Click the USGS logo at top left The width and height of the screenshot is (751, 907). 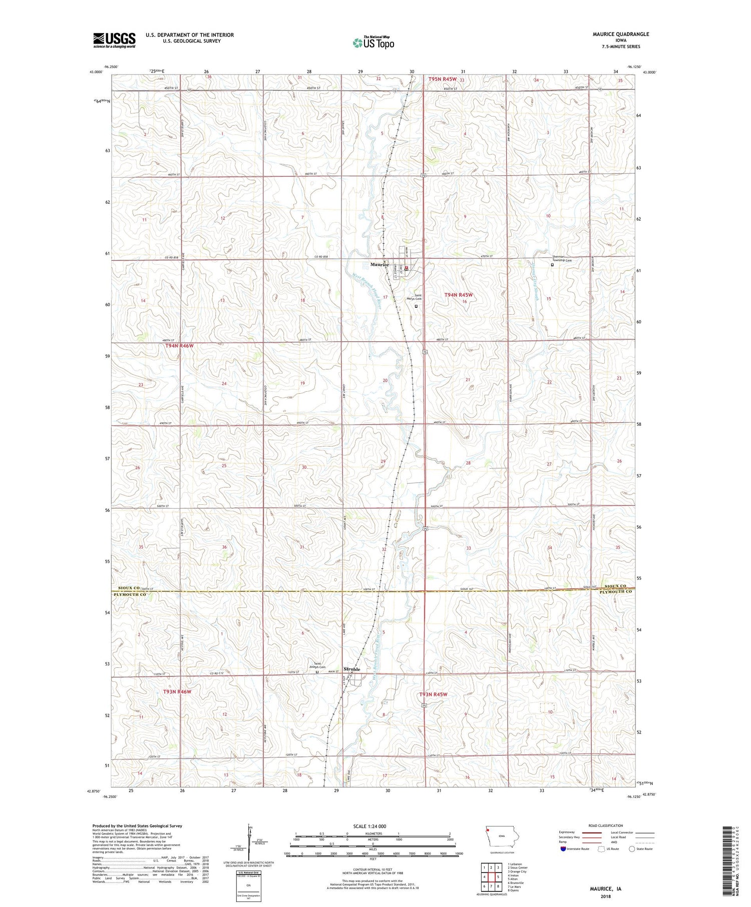(114, 40)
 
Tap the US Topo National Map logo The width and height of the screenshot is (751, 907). (373, 43)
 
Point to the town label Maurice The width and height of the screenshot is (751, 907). (380, 264)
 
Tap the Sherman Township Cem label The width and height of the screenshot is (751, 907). (562, 259)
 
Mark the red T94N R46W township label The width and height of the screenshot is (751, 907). (179, 346)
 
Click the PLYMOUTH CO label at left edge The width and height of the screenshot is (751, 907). (129, 594)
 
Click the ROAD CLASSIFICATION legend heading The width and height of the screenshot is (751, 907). (606, 825)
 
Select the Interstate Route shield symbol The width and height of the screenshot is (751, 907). (563, 849)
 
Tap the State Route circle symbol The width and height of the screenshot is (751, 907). (632, 849)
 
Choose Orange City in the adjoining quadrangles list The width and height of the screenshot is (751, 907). (517, 871)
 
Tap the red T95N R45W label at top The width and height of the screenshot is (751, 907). (442, 79)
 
